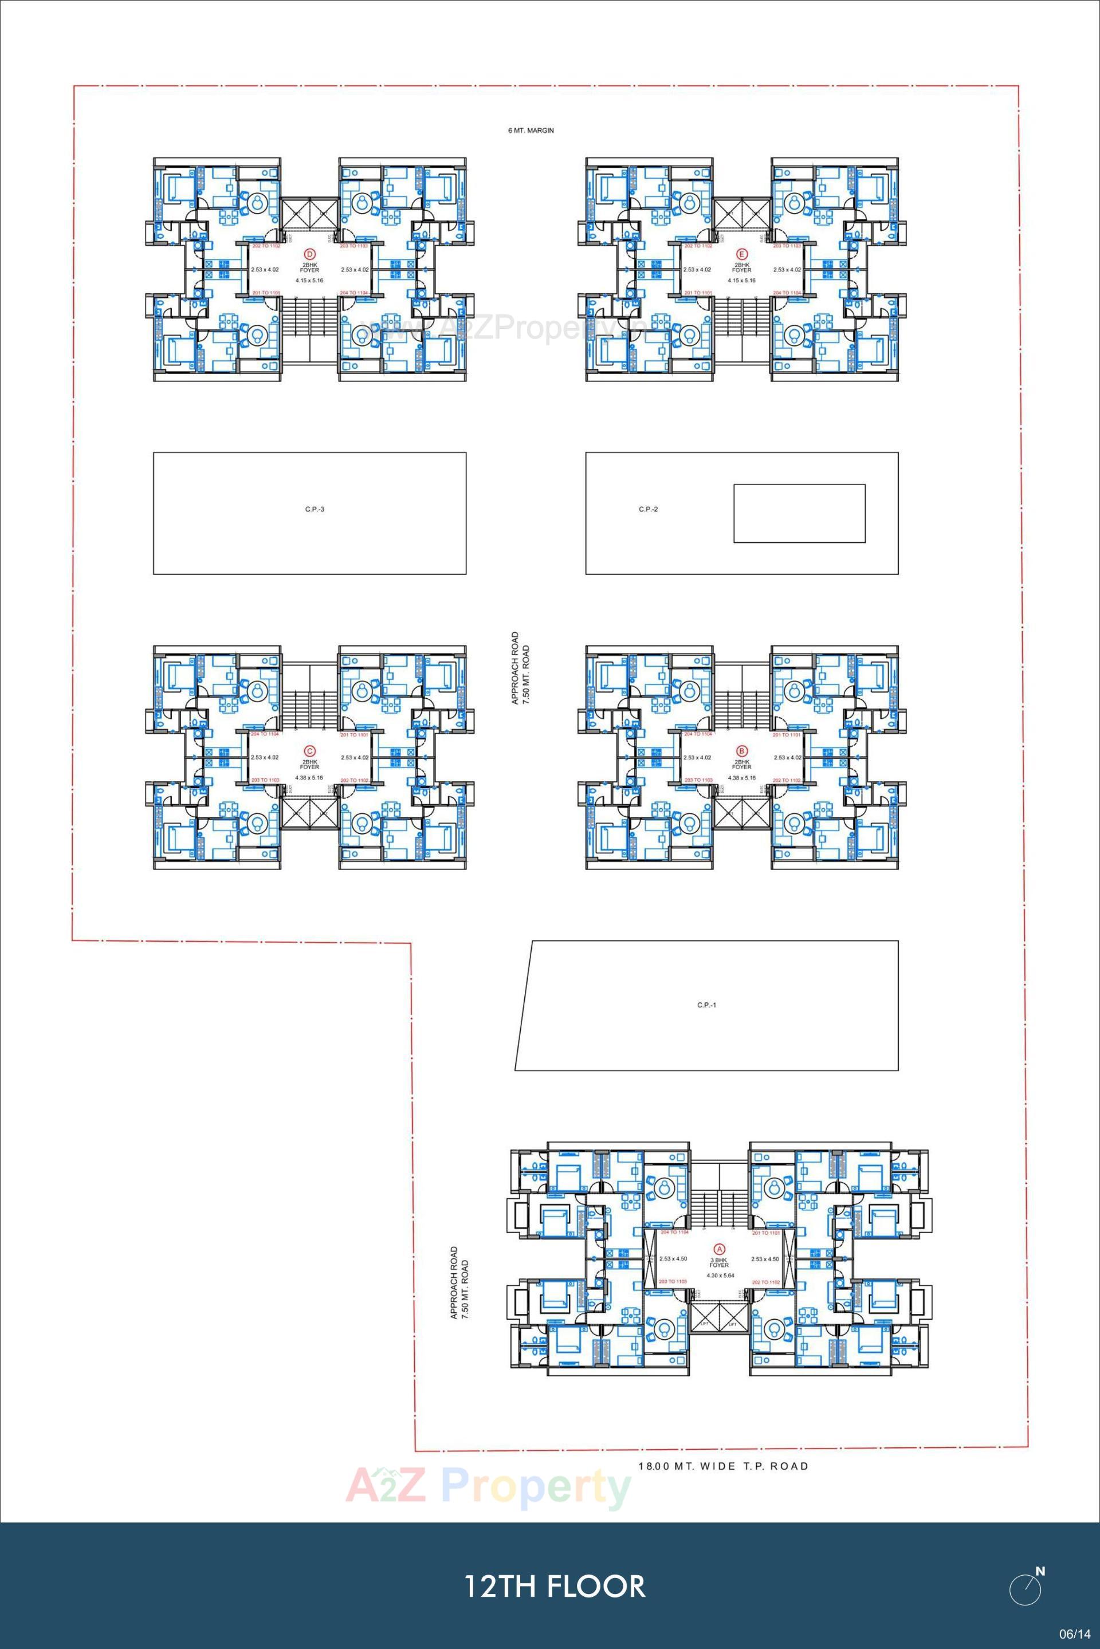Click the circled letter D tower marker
coord(309,253)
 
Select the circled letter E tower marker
coord(741,253)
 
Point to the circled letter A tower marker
coord(718,1249)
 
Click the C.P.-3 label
coord(315,509)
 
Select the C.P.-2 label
coord(648,509)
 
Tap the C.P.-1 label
coord(706,1005)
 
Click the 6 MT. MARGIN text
coord(531,131)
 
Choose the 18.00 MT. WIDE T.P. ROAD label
coord(723,1466)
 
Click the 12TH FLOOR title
coord(554,1587)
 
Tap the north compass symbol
coord(1026,1587)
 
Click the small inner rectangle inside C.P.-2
coord(799,513)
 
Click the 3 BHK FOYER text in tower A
coord(719,1262)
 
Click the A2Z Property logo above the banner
coord(488,1489)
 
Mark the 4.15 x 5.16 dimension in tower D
coord(309,280)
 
